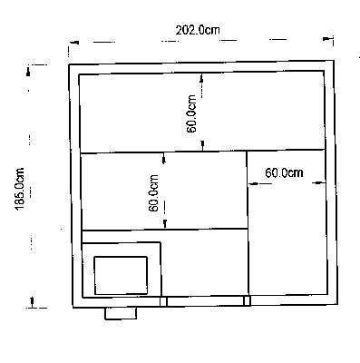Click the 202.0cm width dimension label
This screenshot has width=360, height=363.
pyautogui.click(x=198, y=30)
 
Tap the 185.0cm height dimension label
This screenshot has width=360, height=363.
pyautogui.click(x=20, y=189)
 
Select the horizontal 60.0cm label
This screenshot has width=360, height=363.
pyautogui.click(x=284, y=172)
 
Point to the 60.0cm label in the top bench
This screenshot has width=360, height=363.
pyautogui.click(x=191, y=114)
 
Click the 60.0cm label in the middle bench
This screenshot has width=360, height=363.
pyautogui.click(x=154, y=193)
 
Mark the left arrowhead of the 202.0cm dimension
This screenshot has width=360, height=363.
pyautogui.click(x=74, y=43)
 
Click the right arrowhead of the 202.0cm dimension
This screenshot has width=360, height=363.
pyautogui.click(x=327, y=39)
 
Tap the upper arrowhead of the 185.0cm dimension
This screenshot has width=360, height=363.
pyautogui.click(x=28, y=72)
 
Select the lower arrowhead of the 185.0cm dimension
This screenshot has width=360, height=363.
pyautogui.click(x=32, y=301)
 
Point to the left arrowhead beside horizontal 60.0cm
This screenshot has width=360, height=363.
pyautogui.click(x=253, y=183)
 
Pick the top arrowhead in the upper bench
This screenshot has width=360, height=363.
pyautogui.click(x=201, y=78)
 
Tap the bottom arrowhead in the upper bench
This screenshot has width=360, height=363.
pyautogui.click(x=203, y=145)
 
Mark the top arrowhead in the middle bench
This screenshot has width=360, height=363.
pyautogui.click(x=164, y=159)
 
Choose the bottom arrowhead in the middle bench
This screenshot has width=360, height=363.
pyautogui.click(x=165, y=224)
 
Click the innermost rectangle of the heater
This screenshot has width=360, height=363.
pyautogui.click(x=121, y=275)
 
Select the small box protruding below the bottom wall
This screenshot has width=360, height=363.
pyautogui.click(x=121, y=313)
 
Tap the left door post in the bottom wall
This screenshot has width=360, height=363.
pyautogui.click(x=163, y=301)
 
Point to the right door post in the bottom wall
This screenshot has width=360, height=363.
pyautogui.click(x=248, y=300)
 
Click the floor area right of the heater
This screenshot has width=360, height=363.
pyautogui.click(x=205, y=263)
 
